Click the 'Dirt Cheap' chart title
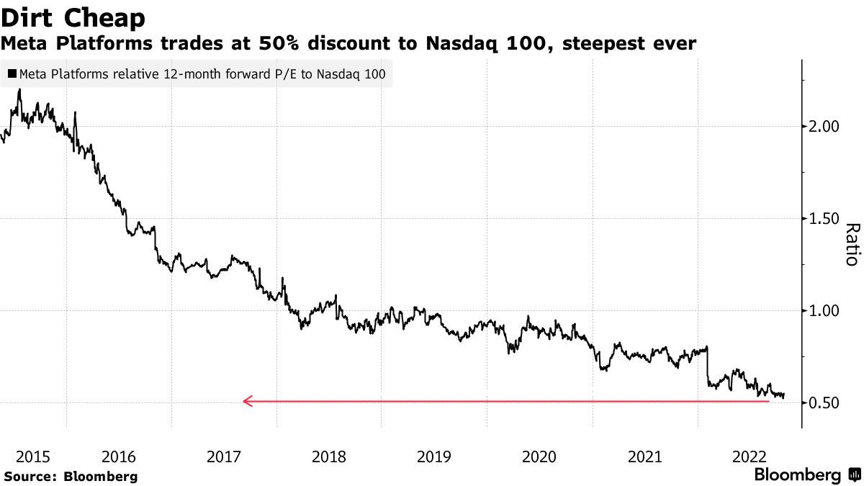[73, 17]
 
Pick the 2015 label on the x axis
[32, 456]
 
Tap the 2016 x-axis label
[119, 456]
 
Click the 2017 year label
[224, 456]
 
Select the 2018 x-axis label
[329, 456]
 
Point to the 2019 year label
[434, 456]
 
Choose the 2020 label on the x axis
[539, 456]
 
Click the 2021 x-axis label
[644, 456]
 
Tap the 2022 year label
[750, 456]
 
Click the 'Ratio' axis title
[852, 245]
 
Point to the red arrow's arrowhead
[247, 401]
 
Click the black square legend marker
[12, 73]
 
